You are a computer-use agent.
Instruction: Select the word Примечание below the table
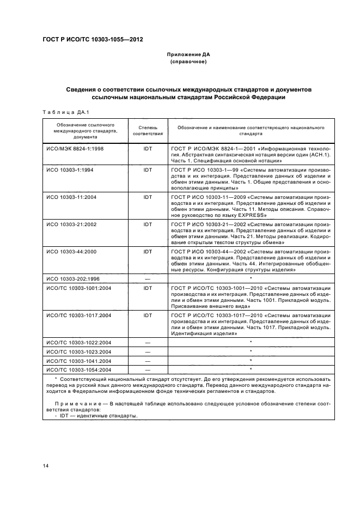[73, 404]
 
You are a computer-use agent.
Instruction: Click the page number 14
[45, 465]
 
